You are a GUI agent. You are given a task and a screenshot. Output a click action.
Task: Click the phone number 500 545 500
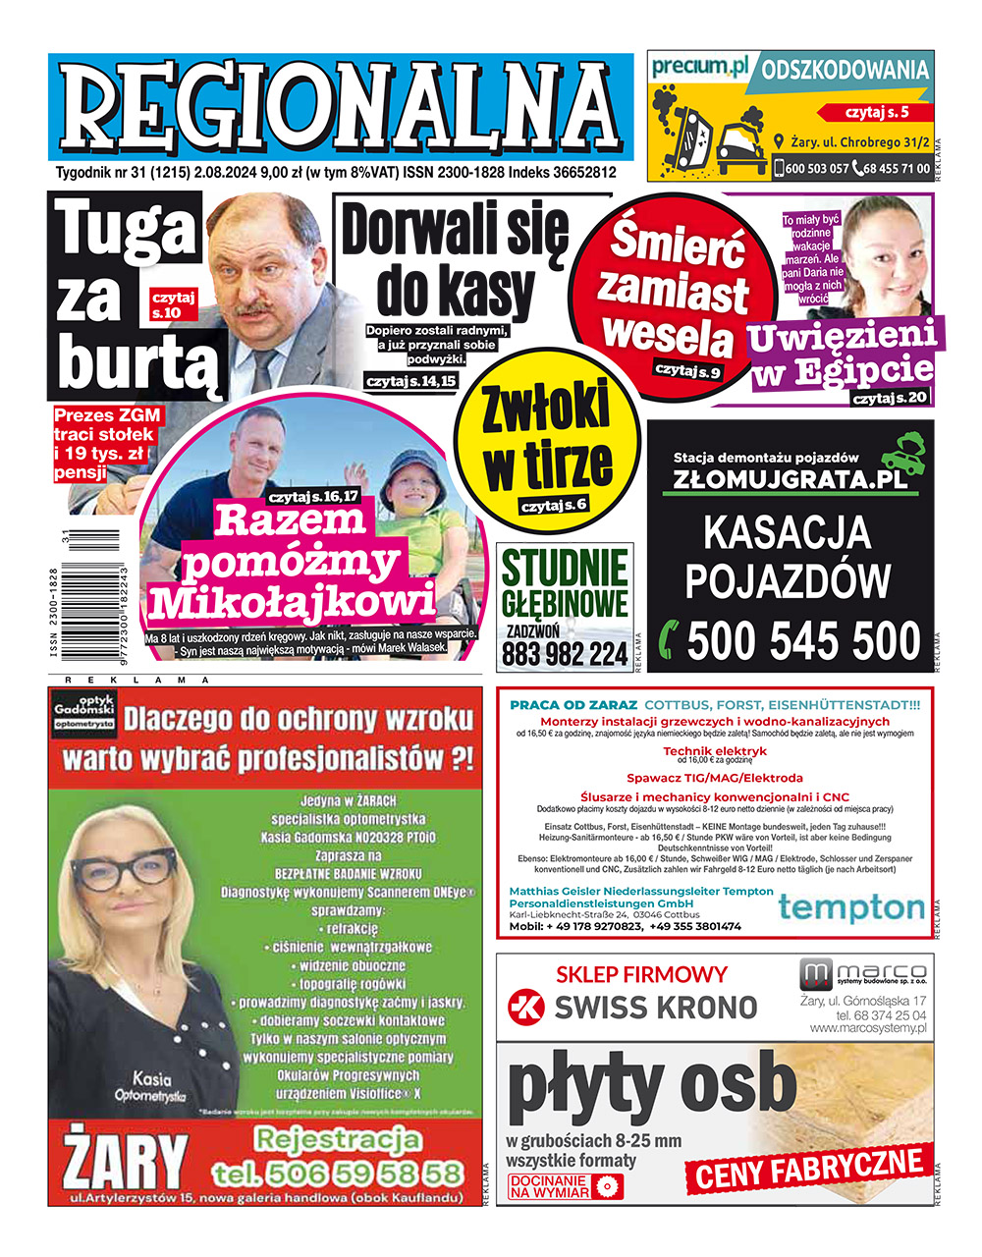tap(803, 641)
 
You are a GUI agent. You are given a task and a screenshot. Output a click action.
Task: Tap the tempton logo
tap(851, 907)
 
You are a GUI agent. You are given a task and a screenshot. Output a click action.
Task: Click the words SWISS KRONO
tap(656, 1007)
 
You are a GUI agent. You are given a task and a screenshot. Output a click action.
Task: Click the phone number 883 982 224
tap(565, 654)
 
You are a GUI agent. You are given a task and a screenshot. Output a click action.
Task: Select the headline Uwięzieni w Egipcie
tap(840, 354)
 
